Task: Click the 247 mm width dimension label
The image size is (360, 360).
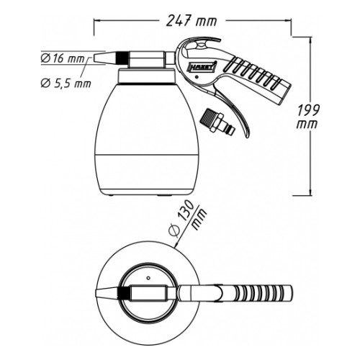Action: pos(192,20)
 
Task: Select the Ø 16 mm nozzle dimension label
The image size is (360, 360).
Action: pos(63,58)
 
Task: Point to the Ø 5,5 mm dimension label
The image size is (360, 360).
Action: pos(66,84)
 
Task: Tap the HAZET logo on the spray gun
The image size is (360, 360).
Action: pos(202,68)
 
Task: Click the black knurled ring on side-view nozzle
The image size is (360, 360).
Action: pos(121,58)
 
